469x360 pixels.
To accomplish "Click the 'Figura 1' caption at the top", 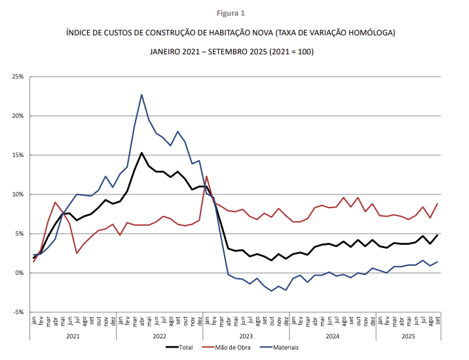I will [234, 12].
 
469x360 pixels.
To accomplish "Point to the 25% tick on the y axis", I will [17, 77].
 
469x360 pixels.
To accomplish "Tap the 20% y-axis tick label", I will [17, 116].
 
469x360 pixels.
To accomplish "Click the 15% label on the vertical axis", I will [17, 155].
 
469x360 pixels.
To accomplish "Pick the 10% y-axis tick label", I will [17, 194].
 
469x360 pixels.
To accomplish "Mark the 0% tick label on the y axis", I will [19, 273].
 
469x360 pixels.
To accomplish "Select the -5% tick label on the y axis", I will [18, 312].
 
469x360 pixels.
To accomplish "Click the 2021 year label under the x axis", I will [73, 336].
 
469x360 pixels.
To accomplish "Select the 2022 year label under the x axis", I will [159, 336].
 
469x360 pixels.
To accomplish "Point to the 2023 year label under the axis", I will [246, 336].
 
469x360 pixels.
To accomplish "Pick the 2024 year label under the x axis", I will [332, 336].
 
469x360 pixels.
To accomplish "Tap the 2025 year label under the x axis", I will [407, 336].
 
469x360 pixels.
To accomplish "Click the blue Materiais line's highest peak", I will [141, 94].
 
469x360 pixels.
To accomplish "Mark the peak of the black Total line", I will [141, 153].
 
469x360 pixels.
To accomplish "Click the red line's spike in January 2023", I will [206, 176].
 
